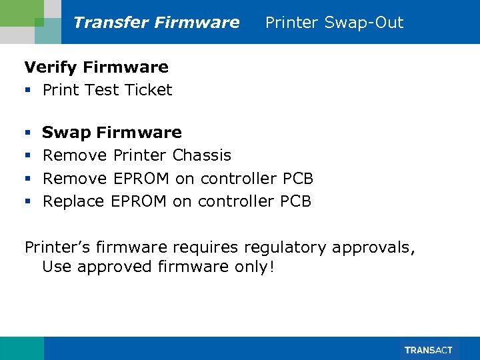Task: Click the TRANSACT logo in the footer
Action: tap(429, 350)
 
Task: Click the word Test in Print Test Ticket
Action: tap(102, 90)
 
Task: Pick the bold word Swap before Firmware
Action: tap(67, 133)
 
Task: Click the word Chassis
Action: tap(201, 155)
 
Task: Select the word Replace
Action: tap(73, 201)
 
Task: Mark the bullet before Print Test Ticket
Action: tap(28, 91)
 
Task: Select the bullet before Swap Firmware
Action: tap(28, 133)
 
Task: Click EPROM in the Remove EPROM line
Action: tap(142, 179)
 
